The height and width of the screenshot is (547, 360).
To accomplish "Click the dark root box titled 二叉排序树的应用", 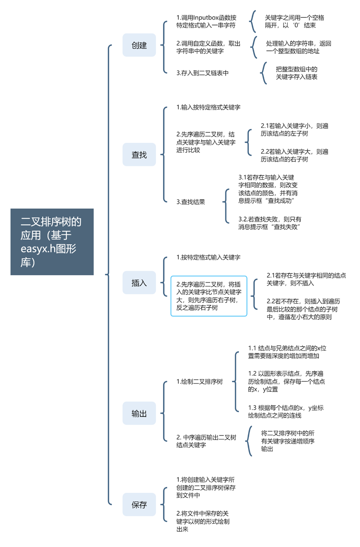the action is [52, 242].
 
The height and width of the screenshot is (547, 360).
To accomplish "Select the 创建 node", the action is [139, 45].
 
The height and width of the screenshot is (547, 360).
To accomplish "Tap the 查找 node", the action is [139, 154].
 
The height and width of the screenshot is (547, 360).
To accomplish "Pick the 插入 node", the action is [139, 283].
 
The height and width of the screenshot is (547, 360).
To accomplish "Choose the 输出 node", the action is [139, 413].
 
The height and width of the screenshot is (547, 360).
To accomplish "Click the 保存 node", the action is [139, 505].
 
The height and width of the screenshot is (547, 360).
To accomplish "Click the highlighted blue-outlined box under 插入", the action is [209, 296].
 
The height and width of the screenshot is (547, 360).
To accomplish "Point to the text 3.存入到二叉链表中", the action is [202, 73].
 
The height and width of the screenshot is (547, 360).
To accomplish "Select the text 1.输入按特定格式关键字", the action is [209, 107].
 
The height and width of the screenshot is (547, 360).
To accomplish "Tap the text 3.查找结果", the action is [191, 202].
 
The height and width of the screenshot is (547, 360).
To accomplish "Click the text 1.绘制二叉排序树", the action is [199, 382].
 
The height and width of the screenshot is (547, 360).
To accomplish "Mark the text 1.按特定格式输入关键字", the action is [209, 257].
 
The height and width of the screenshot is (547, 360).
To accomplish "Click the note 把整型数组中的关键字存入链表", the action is [297, 73].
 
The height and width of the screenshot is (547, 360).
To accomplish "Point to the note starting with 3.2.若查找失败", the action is [270, 223].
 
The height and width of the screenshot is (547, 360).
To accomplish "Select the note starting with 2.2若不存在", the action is [303, 309].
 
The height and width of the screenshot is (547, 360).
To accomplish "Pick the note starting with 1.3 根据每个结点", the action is [286, 411].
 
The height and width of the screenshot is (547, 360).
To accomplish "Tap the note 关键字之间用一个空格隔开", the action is [294, 21].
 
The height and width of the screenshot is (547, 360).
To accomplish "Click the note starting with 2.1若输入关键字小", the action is [294, 129].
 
